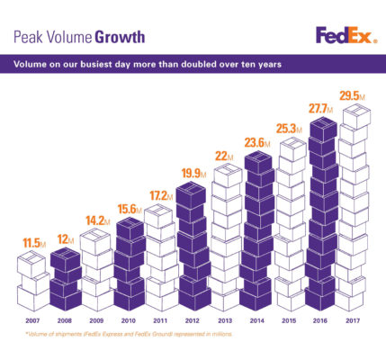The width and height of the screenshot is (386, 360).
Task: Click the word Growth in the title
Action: coord(117,37)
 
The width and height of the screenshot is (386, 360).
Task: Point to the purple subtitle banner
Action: coord(193,65)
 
